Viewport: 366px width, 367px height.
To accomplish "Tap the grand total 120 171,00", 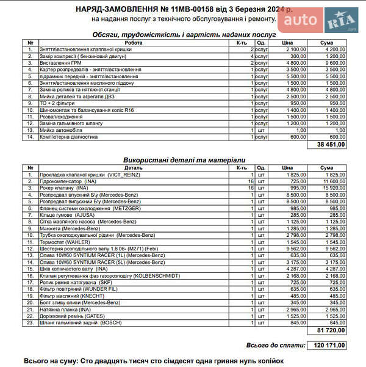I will pyautogui.click(x=329, y=346).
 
